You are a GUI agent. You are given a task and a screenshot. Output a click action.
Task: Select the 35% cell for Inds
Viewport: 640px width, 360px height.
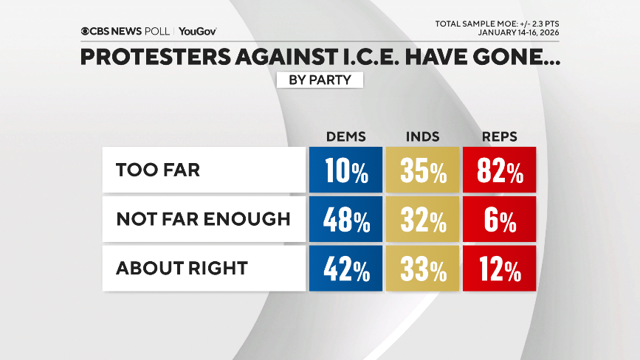[423, 170]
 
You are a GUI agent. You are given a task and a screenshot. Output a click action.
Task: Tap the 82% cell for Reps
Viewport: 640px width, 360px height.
[499, 170]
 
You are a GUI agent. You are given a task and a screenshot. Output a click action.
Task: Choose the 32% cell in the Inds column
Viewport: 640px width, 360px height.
[423, 219]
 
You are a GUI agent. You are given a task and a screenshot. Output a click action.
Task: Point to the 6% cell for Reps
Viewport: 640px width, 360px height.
[499, 219]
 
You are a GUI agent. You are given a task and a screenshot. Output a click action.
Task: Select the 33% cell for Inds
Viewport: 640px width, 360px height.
[423, 269]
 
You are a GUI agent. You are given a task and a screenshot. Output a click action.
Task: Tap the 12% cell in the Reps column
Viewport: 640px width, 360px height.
[499, 269]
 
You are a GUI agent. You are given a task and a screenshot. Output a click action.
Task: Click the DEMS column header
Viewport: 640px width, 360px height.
[346, 136]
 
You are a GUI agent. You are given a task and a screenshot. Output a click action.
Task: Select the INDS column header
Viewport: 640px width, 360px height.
[423, 136]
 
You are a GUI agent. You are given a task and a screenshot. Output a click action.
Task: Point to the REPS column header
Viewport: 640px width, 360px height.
[499, 136]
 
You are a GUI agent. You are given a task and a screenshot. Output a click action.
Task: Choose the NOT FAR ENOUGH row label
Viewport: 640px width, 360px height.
[204, 219]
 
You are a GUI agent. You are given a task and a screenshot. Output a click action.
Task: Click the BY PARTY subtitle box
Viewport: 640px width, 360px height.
[320, 79]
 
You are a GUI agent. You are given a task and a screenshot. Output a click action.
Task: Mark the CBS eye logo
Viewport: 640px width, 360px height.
[86, 31]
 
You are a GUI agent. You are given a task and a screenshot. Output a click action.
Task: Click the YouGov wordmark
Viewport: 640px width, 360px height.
[197, 31]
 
